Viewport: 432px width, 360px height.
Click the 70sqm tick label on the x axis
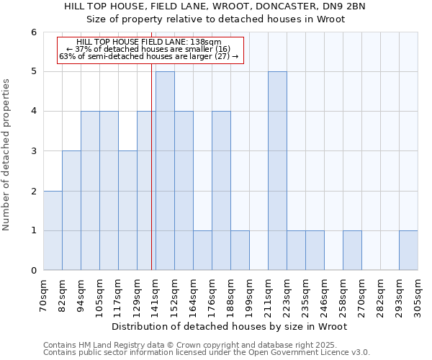tap(44, 293)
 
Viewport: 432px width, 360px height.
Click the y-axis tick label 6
tap(34, 32)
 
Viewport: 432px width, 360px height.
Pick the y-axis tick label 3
tap(34, 151)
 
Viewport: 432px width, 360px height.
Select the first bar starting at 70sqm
tap(53, 230)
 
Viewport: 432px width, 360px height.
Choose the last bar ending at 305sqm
tap(408, 251)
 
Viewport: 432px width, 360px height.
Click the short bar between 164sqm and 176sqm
tap(202, 251)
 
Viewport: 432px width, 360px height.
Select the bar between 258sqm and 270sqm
tap(352, 251)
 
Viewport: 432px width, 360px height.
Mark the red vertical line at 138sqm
tap(152, 180)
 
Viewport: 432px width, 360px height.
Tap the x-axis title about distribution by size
tap(230, 326)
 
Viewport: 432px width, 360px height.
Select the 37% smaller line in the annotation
tap(148, 49)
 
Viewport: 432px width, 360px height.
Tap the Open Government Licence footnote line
tap(207, 352)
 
